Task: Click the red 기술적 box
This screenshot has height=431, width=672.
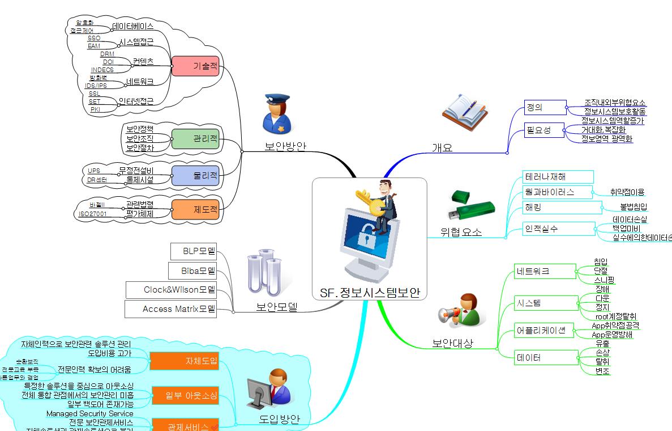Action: (195, 66)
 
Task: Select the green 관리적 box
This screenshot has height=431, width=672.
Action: (195, 138)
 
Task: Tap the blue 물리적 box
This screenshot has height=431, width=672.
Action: (195, 175)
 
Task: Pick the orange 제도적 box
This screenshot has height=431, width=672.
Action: (195, 209)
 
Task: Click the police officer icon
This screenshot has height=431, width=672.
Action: (276, 113)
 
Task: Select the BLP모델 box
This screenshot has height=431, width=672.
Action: (193, 251)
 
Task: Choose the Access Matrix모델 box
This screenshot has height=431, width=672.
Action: (171, 309)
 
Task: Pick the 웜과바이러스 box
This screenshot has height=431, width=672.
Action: (557, 192)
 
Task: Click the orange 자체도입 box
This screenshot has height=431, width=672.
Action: (184, 361)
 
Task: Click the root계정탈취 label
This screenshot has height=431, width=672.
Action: (615, 316)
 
